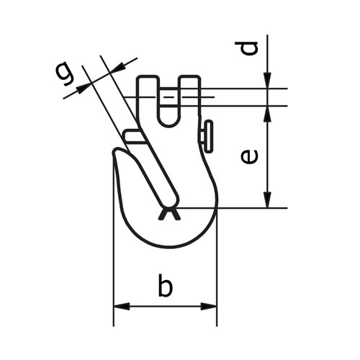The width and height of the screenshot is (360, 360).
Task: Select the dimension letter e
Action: (249, 156)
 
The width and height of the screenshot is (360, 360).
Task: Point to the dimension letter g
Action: (63, 73)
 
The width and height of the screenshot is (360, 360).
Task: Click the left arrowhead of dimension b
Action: (122, 306)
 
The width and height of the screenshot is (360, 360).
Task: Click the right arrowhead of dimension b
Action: (209, 306)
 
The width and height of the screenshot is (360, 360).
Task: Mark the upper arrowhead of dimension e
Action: (267, 114)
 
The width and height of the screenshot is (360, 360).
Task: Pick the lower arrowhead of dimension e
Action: (267, 199)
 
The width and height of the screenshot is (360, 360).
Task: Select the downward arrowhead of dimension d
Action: (267, 81)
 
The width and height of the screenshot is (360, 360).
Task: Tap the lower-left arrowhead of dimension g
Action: (84, 88)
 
